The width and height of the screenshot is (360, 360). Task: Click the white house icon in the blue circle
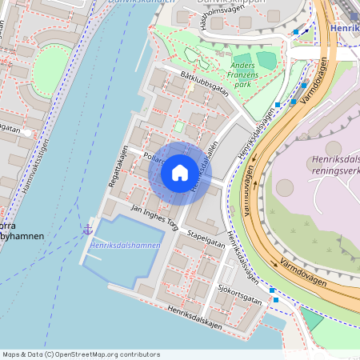[180, 172]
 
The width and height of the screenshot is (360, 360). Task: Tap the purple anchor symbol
[87, 230]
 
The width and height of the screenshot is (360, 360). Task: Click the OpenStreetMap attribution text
[81, 354]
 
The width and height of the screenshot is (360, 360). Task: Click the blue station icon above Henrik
[353, 15]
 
